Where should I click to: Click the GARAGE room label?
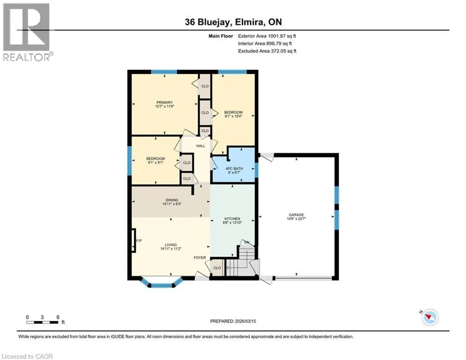point(296,215)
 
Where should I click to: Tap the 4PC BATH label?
point(234,168)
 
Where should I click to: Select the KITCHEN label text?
point(232,219)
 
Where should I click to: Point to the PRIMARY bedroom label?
point(164,102)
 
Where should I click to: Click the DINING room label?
point(172,200)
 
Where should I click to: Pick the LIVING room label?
point(171,245)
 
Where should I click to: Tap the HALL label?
point(200,146)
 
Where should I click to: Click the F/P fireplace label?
point(139,240)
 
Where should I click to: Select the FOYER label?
point(200,258)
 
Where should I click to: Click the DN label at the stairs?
point(247,242)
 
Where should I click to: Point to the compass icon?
point(430,317)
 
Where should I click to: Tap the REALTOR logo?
point(27,32)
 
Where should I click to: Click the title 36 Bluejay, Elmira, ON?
point(233,22)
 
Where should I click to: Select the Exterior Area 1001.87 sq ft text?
point(267,36)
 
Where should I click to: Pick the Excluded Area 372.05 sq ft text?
point(267,51)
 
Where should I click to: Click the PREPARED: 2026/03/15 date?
point(233,321)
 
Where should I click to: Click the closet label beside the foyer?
point(217,268)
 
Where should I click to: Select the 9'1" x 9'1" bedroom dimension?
point(155,163)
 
